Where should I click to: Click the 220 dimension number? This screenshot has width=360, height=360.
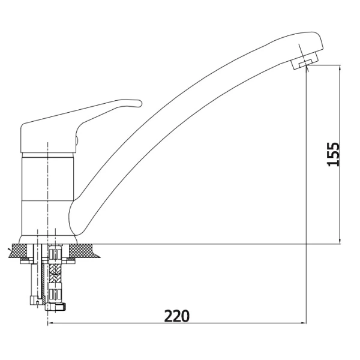point(177,316)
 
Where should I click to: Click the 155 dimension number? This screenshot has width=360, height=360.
point(333,154)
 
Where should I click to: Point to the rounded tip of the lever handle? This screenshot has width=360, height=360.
point(139,103)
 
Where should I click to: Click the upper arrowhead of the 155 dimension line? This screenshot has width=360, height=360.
point(340,67)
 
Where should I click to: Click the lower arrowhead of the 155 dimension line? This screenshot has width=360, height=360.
point(340,241)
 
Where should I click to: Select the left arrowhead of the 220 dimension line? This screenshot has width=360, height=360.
point(50,323)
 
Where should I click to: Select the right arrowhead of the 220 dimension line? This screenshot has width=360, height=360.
point(304,323)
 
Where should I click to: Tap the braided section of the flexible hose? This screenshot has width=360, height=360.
point(55,271)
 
